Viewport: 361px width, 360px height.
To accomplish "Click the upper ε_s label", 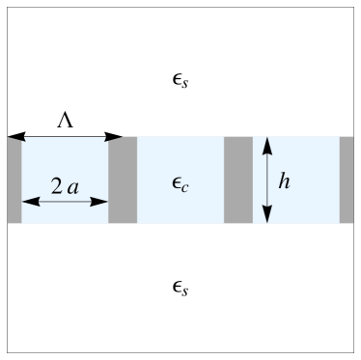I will point(180,76).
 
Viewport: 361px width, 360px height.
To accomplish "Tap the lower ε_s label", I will point(180,287).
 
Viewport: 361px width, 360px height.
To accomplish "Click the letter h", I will point(285,180).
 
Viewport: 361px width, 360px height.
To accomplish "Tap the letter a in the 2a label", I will point(72,187).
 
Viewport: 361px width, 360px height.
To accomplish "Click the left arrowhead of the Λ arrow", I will point(13,137).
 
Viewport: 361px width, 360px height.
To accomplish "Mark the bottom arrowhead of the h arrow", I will point(267,217).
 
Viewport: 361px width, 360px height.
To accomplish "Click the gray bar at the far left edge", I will point(14,180).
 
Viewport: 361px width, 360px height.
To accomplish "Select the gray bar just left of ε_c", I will point(123,180).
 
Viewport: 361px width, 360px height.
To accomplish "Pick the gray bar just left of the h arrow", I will point(237,180).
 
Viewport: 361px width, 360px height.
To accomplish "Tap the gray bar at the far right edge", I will point(347,180).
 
